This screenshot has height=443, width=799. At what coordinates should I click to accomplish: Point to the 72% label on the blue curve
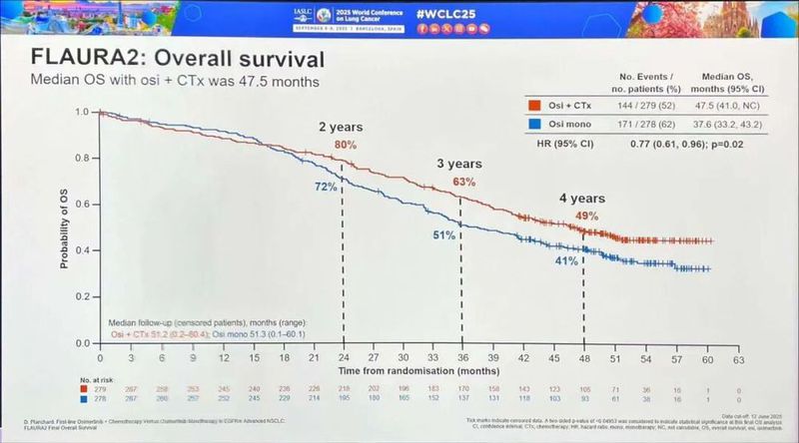point(323,188)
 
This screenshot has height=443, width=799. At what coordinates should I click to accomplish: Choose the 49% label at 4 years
point(587,217)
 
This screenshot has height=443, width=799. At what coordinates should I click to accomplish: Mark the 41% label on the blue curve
point(566,261)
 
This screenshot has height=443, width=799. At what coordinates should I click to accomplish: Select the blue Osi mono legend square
point(534,123)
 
